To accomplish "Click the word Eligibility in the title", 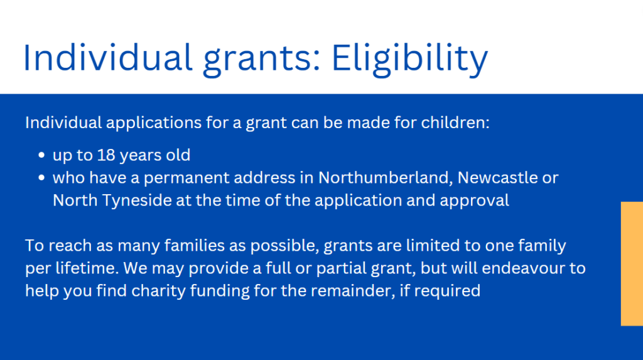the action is click(x=409, y=60).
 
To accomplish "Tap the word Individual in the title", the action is click(x=108, y=57).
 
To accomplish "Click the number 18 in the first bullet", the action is click(x=105, y=155).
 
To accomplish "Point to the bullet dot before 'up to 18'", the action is click(x=41, y=155).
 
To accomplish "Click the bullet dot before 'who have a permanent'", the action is click(x=41, y=178).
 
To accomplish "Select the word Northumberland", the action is click(x=386, y=178).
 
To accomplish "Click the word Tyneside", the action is click(x=137, y=200).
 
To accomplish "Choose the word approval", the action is click(x=475, y=200).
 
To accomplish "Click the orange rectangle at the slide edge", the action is click(x=632, y=263).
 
